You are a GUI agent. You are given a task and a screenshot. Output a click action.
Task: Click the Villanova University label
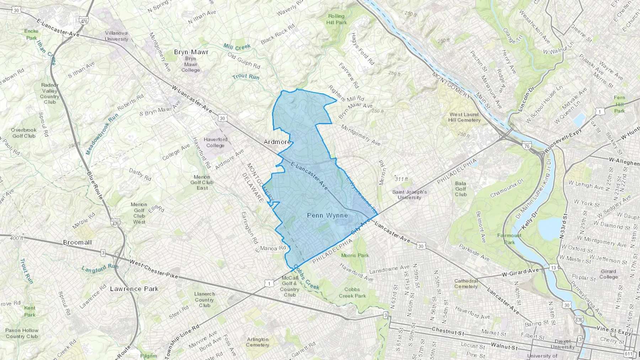(x=116, y=36)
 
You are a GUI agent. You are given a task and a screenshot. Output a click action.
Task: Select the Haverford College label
(x=215, y=143)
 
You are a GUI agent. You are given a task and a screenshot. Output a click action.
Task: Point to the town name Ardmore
(x=277, y=142)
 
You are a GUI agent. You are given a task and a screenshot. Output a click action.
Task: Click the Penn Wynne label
(x=327, y=215)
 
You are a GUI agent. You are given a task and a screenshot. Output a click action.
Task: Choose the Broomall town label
(x=77, y=242)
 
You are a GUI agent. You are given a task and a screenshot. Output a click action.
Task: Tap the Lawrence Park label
(x=134, y=289)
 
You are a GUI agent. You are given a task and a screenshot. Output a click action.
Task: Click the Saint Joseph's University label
(x=409, y=194)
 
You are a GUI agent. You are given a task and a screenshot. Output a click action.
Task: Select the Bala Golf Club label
(x=460, y=189)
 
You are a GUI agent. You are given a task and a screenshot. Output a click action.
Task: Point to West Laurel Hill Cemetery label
(x=464, y=117)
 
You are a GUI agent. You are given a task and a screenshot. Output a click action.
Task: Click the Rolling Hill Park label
(x=336, y=19)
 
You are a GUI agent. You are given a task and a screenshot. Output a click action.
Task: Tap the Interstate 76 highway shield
(x=527, y=146)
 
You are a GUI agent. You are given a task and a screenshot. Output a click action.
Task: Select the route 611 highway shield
(x=628, y=354)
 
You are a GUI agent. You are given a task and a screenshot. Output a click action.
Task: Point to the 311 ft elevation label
(x=401, y=179)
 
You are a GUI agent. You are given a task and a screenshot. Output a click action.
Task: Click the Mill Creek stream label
(x=237, y=47)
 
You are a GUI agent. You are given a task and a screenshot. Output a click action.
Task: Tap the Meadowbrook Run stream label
(x=102, y=134)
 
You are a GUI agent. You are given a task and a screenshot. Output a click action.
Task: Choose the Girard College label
(x=608, y=274)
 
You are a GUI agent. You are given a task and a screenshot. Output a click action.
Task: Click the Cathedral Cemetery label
(x=466, y=284)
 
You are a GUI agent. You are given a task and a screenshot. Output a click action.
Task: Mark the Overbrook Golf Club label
(x=24, y=133)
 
